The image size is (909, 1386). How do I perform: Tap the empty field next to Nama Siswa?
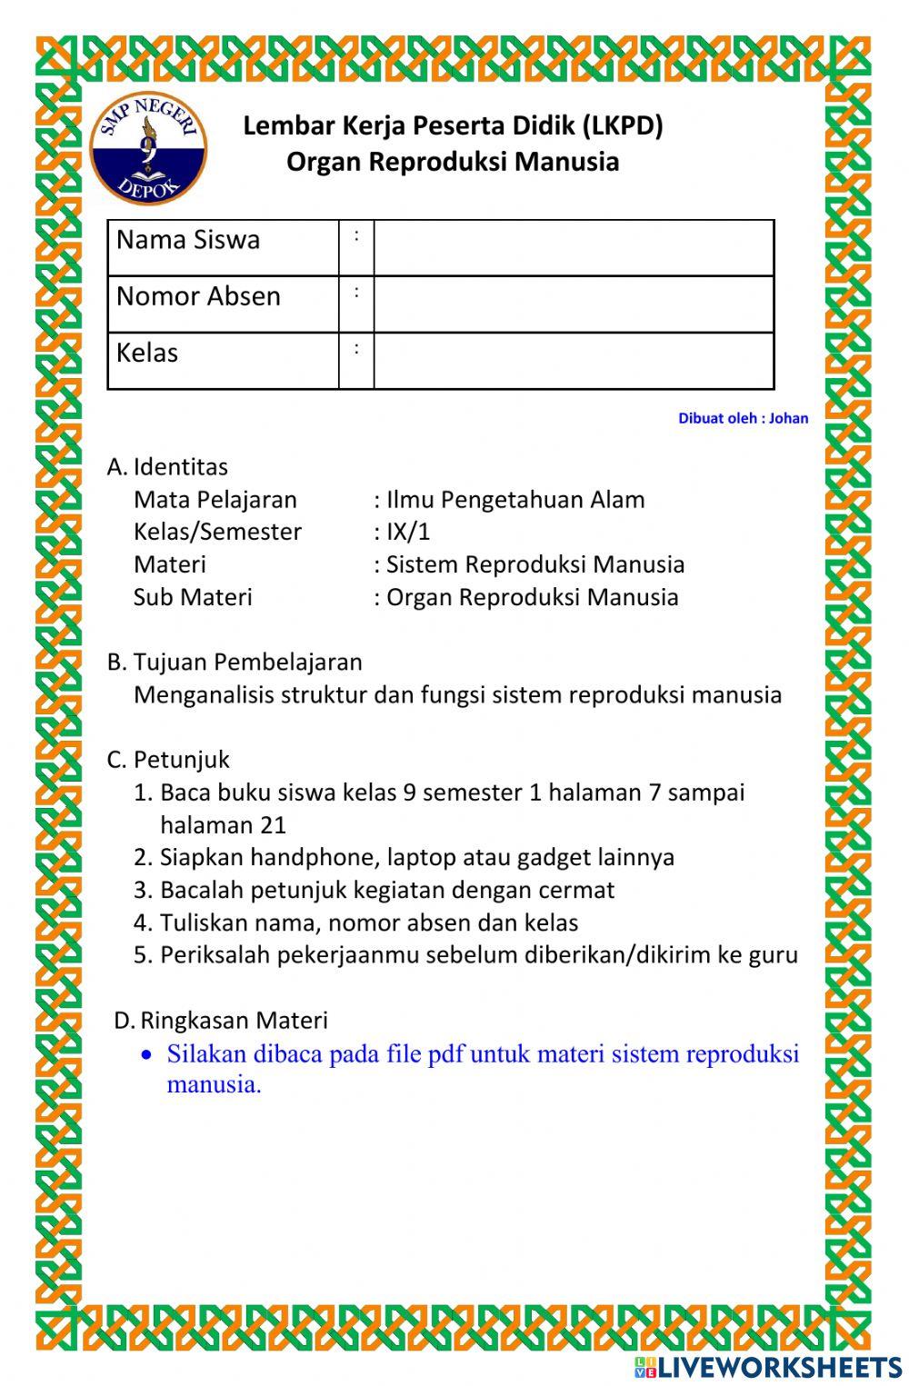click(x=574, y=248)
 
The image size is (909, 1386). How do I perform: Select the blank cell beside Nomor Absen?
click(x=574, y=304)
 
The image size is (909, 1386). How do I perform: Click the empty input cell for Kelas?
click(x=574, y=361)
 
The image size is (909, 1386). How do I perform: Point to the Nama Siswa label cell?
click(x=223, y=248)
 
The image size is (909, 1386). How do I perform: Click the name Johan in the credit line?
click(x=788, y=419)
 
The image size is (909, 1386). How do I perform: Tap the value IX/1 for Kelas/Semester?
click(x=408, y=532)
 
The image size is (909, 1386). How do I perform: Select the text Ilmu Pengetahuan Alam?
click(x=515, y=500)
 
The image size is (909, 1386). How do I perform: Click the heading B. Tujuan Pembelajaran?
click(x=235, y=663)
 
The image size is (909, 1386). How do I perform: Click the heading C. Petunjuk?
click(x=168, y=760)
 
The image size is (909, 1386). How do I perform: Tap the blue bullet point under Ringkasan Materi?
click(x=146, y=1055)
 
